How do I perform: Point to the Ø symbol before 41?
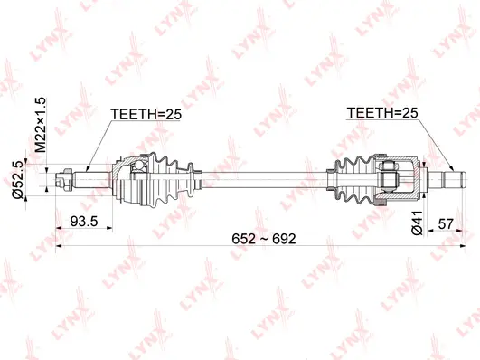click(x=416, y=228)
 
